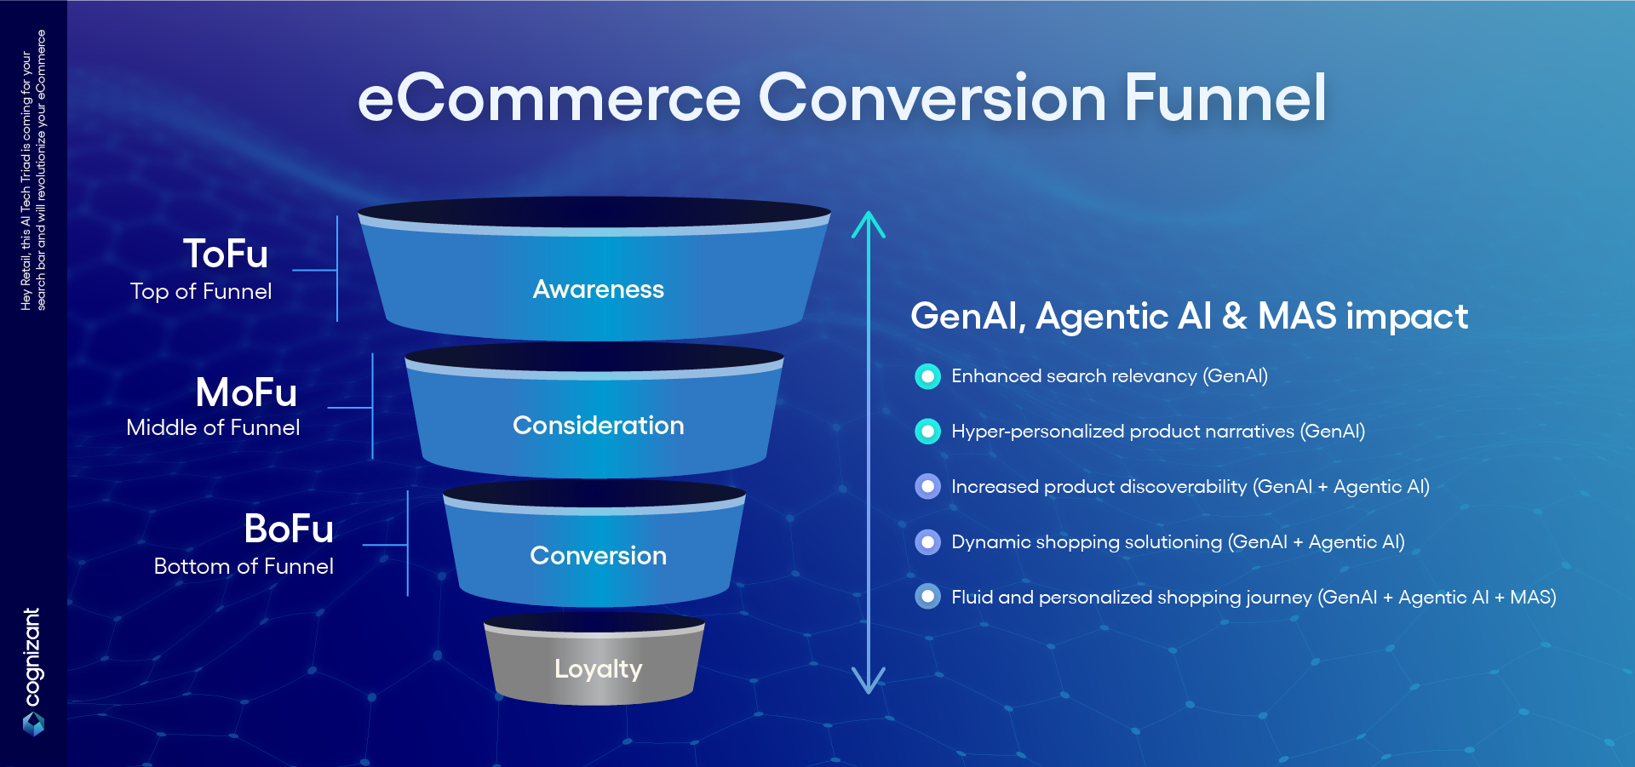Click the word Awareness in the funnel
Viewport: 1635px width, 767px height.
(599, 289)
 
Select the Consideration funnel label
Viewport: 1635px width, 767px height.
(599, 425)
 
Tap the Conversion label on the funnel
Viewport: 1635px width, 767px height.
(599, 555)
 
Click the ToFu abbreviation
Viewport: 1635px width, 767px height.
(226, 254)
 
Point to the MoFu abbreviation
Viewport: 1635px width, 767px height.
(246, 392)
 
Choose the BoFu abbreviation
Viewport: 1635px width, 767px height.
(289, 529)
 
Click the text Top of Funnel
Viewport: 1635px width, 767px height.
(201, 291)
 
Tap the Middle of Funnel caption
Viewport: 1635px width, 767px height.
(213, 427)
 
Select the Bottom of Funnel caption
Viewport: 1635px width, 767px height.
(244, 566)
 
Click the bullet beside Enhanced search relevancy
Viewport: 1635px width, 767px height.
(928, 376)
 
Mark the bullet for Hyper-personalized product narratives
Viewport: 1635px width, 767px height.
(928, 432)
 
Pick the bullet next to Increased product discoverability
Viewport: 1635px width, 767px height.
(928, 487)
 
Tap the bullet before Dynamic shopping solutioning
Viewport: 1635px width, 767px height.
(928, 542)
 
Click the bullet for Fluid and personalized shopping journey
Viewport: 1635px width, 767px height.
(928, 597)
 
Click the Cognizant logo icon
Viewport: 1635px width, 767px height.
(33, 724)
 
